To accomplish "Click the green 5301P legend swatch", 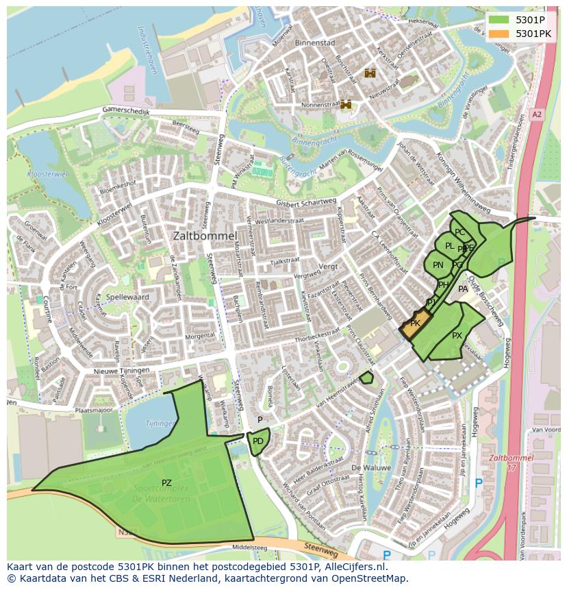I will (x=500, y=20).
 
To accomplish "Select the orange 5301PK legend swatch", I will (x=500, y=34).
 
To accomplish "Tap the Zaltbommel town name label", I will (x=205, y=235).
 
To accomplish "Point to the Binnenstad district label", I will (x=314, y=42).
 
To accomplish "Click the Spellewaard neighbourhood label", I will (x=126, y=297).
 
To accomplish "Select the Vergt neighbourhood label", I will (x=329, y=265).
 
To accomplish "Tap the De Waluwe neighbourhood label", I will (x=370, y=467).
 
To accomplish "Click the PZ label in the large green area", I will (x=166, y=483).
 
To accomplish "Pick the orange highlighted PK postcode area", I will (x=415, y=324).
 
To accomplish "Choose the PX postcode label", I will (x=457, y=336).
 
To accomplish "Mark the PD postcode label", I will (x=257, y=441).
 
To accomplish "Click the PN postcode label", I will (x=438, y=265).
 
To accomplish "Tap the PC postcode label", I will (x=459, y=232).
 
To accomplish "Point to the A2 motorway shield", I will (x=536, y=115).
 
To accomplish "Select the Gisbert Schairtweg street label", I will (x=306, y=204).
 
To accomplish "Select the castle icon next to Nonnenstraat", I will (x=346, y=104).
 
